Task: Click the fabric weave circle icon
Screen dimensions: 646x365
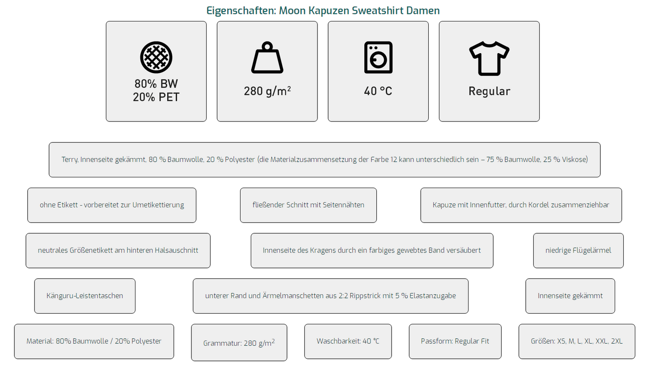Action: coord(156,57)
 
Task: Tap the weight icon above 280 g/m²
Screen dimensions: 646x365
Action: coord(267,57)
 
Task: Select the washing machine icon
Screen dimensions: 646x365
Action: coord(378,57)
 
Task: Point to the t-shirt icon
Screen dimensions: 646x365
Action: coord(489,59)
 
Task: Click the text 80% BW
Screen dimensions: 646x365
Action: coord(156,84)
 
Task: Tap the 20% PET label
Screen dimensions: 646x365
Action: coord(156,97)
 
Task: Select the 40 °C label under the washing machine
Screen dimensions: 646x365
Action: coord(378,91)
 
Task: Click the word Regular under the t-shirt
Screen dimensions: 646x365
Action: coord(489,91)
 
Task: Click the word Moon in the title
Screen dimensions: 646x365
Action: coord(292,11)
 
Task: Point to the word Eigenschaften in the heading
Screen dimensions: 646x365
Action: coord(241,11)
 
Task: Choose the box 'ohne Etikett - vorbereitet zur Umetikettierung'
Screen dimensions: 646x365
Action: coord(112,205)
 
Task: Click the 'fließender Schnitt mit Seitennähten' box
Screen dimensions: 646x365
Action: coord(308,205)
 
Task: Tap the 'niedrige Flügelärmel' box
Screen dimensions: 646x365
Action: coord(578,251)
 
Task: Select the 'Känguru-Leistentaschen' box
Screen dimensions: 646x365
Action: coord(85,296)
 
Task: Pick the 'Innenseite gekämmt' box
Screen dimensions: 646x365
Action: coord(570,296)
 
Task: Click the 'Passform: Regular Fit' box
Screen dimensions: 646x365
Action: coord(455,341)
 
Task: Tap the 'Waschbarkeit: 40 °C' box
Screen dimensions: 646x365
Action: coord(348,341)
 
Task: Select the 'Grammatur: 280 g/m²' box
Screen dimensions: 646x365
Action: coord(239,343)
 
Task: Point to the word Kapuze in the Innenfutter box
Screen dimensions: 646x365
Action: coord(442,205)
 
